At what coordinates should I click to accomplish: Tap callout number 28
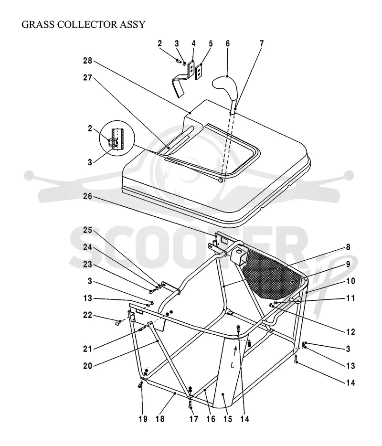[87, 61]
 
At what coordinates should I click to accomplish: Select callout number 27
[87, 78]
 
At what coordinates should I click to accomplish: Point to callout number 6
[228, 43]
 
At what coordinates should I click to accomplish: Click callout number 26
[87, 197]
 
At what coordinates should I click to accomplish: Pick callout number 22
[87, 315]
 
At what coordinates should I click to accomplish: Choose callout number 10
[350, 281]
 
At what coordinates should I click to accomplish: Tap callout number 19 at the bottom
[143, 419]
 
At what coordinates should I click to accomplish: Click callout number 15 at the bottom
[228, 419]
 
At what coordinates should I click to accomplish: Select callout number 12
[350, 332]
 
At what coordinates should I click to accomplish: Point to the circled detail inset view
[117, 138]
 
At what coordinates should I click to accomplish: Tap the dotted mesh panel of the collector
[272, 274]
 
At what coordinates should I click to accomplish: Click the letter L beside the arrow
[233, 365]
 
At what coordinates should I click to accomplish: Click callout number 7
[261, 43]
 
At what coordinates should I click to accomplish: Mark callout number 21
[87, 349]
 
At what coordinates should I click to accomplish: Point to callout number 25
[87, 230]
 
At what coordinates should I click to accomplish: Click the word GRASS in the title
[38, 24]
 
